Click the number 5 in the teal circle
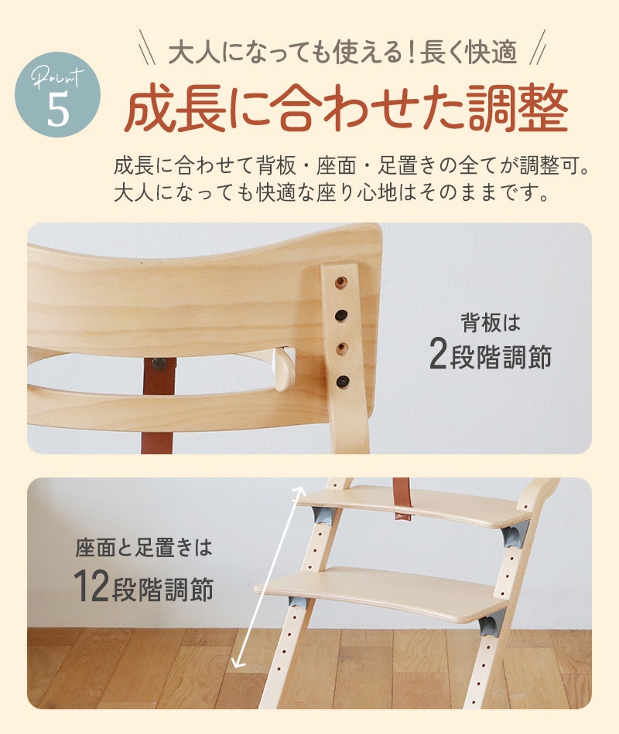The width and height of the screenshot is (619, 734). [58, 109]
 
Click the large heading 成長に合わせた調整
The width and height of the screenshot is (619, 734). [347, 107]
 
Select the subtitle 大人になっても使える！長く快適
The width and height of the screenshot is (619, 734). [343, 52]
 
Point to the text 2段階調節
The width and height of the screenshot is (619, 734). [490, 355]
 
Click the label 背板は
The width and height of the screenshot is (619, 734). [491, 322]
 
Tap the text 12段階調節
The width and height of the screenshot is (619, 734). [143, 586]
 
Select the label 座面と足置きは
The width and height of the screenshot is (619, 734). [144, 548]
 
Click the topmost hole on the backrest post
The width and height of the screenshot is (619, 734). [341, 282]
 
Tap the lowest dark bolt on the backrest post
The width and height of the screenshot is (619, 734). [342, 381]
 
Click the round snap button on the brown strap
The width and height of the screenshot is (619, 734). [160, 364]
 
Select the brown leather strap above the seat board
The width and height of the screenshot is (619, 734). [402, 499]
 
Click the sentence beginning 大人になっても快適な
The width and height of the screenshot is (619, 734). [331, 192]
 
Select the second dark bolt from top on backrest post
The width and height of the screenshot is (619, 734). [341, 315]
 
